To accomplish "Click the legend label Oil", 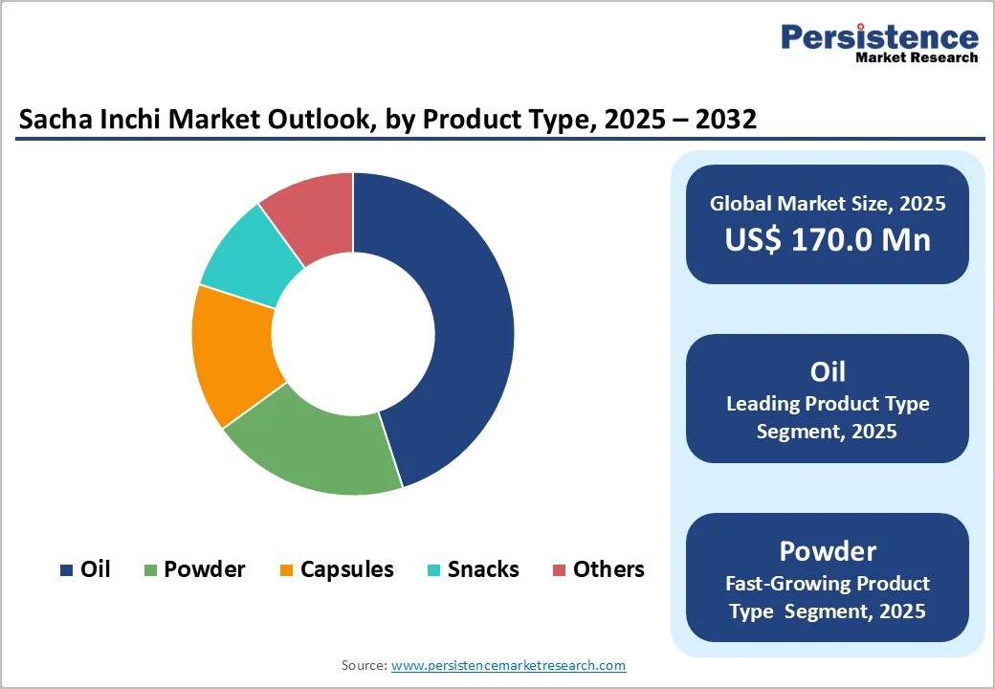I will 96,569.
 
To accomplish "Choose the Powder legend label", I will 204,569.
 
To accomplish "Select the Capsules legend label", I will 346,569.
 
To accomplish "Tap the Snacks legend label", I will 483,569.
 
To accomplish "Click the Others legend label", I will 608,569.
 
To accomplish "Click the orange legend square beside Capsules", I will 286,570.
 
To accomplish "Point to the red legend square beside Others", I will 560,570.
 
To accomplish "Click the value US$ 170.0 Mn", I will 828,239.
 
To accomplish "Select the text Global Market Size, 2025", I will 828,203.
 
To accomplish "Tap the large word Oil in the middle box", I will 828,371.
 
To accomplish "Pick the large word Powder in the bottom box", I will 828,550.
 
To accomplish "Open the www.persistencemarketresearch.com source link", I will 508,665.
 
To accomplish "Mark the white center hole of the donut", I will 353,334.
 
